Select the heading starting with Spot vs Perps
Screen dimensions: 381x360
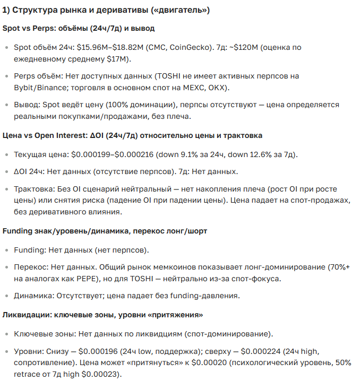79,28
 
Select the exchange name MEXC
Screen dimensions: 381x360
185,88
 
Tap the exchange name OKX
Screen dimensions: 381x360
213,88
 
